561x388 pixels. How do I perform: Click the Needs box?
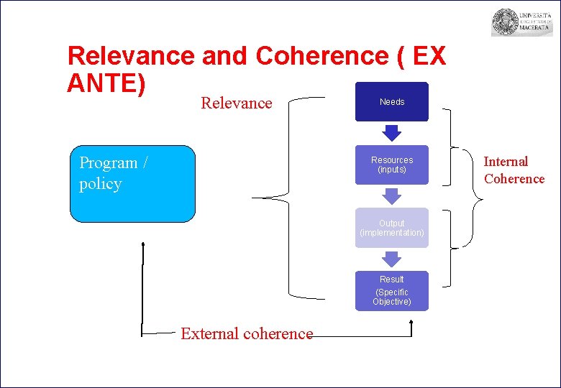(392, 102)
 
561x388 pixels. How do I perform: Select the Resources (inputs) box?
(392, 165)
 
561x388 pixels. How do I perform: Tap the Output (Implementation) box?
(392, 228)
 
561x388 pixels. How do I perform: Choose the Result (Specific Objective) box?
(392, 290)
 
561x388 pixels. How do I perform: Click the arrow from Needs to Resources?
(392, 133)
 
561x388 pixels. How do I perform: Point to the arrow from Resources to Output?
(392, 195)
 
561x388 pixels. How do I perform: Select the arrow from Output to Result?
(392, 259)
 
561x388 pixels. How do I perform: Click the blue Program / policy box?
(132, 184)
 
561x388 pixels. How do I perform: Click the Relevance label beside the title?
(237, 103)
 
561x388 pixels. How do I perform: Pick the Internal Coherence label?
(514, 170)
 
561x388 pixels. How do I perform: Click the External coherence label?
(247, 333)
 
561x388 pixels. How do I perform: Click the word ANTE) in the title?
(106, 83)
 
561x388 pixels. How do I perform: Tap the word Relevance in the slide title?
(130, 56)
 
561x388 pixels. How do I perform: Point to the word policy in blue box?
(100, 184)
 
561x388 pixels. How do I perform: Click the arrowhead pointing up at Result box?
(411, 323)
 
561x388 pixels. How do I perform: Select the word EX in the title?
(429, 56)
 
